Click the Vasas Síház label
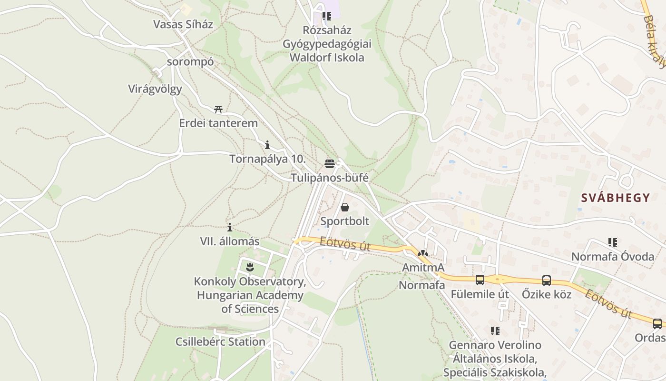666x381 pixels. click(x=183, y=24)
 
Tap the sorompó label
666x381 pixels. click(x=190, y=62)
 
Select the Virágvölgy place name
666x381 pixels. click(x=155, y=89)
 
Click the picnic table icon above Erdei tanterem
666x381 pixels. click(x=218, y=110)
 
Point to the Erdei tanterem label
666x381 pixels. click(x=218, y=123)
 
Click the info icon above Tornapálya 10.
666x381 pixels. click(x=267, y=145)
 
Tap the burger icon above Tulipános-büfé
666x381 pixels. click(x=330, y=164)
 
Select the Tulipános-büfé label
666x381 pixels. click(x=330, y=178)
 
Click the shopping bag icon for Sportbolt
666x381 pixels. click(x=345, y=207)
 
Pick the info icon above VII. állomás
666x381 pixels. click(x=230, y=228)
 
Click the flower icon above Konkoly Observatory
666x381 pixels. click(x=250, y=267)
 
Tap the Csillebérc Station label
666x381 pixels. click(x=220, y=342)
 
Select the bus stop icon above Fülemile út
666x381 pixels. click(x=480, y=280)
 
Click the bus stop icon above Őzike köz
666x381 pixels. click(x=547, y=281)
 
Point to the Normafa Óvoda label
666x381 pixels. click(x=613, y=257)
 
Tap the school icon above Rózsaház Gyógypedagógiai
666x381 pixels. click(x=327, y=16)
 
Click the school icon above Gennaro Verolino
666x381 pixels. click(x=495, y=331)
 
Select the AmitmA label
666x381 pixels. click(x=423, y=268)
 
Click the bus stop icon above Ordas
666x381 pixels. click(x=657, y=324)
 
